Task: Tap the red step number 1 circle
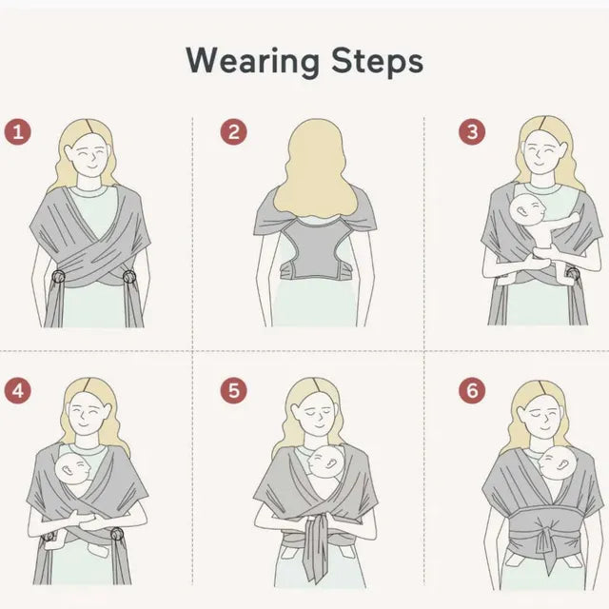tap(17, 131)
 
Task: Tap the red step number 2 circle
tap(233, 131)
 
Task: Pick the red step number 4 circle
tap(17, 389)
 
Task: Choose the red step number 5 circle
tap(233, 389)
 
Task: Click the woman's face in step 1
tap(89, 152)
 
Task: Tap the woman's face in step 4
tap(90, 411)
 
